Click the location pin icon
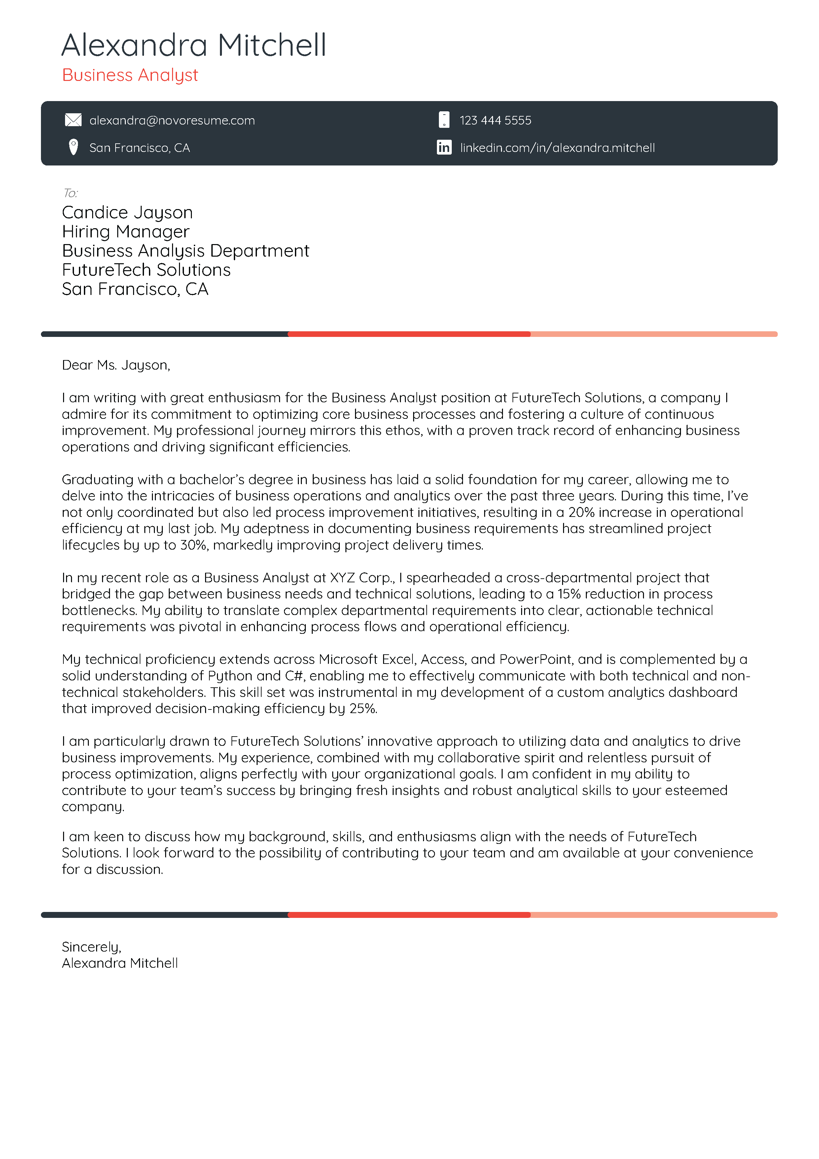[x=73, y=147]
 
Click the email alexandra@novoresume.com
[x=172, y=120]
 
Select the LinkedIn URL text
[x=557, y=148]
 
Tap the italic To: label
[x=70, y=193]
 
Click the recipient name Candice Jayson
[x=127, y=212]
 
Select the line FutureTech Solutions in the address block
[x=146, y=270]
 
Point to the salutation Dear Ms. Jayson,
[x=116, y=365]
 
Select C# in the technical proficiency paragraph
[x=295, y=676]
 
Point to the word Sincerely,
[x=91, y=947]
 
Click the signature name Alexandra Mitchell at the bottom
[x=120, y=963]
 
